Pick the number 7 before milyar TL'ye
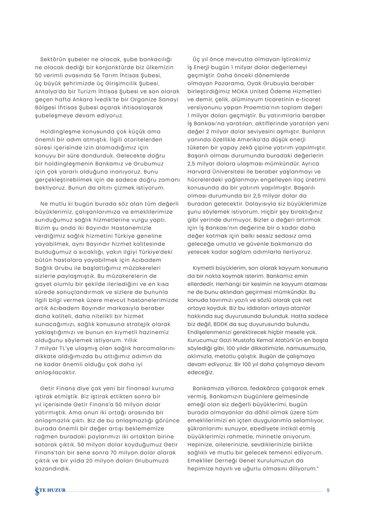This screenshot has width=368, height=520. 37,348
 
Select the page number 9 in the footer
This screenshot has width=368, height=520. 328,490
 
